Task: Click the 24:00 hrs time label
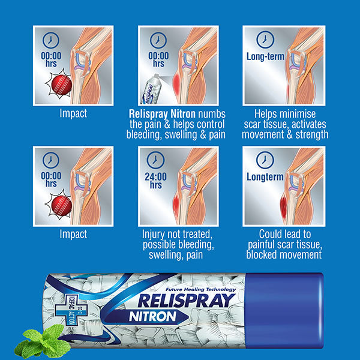158,181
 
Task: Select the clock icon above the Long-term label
265,40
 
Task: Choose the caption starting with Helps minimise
284,124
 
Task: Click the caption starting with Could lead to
284,244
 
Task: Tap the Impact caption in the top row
73,113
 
